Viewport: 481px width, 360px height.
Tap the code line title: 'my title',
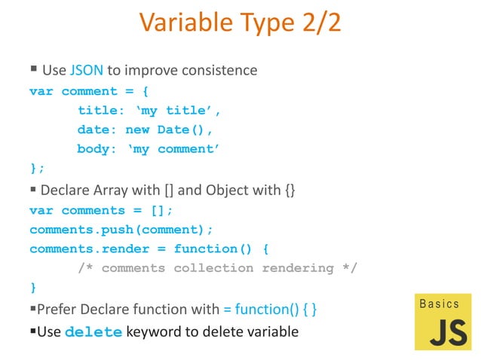(149, 111)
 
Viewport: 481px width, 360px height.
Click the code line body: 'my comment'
(148, 149)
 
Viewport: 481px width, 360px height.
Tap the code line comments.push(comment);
(121, 229)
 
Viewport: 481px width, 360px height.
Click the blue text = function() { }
(269, 309)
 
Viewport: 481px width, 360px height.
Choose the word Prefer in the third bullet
(56, 309)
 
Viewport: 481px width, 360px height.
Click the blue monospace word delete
(93, 331)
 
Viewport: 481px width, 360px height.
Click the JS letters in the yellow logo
(448, 331)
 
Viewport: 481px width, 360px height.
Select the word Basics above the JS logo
(439, 304)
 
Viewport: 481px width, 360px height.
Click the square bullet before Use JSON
(34, 70)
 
